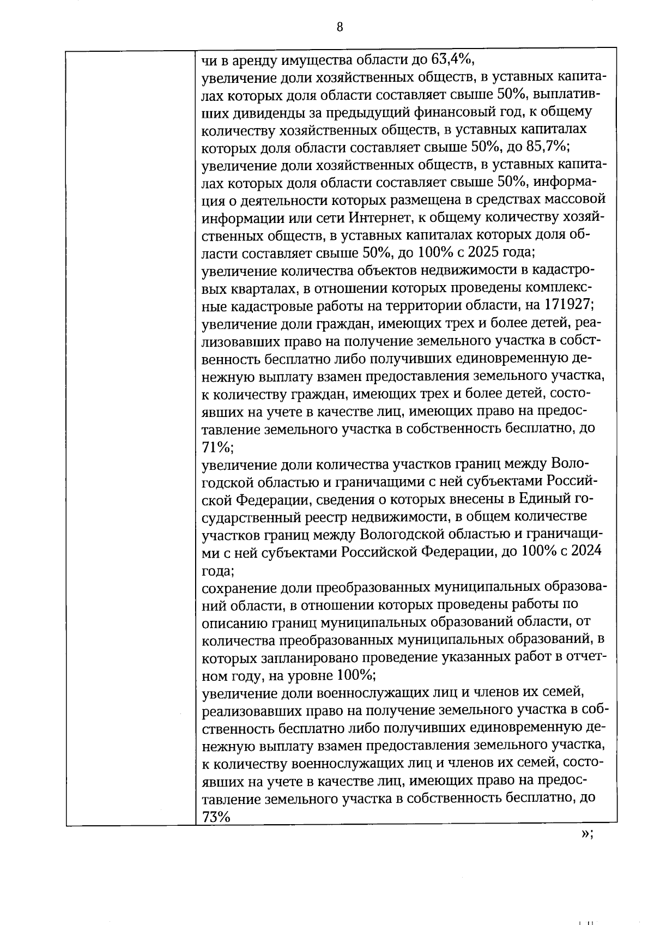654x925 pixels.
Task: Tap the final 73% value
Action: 216,817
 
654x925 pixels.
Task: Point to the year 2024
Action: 584,551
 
